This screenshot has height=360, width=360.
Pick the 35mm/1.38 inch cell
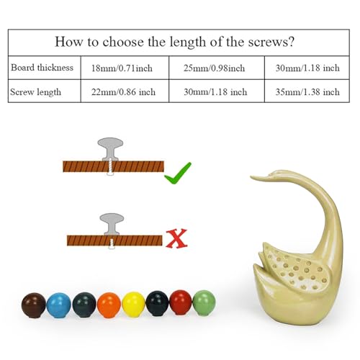coord(307,92)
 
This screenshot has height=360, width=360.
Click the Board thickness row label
coord(42,68)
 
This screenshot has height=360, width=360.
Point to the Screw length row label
coord(35,92)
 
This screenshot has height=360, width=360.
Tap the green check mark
coord(178,174)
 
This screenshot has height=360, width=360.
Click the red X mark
coord(176,238)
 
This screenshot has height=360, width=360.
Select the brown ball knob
coord(33,305)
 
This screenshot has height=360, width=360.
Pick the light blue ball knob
coord(59,305)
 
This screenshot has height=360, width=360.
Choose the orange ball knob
coord(109,305)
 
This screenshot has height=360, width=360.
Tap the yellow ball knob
coord(133,305)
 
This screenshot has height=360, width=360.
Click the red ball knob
coord(181,302)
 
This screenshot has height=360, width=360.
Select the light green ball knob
coord(204,302)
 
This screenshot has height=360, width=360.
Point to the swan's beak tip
coord(251,177)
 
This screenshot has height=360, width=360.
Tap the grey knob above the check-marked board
coord(110,149)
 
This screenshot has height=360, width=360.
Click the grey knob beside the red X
coord(112,224)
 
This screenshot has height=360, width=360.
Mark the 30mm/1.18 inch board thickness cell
coord(307,68)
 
